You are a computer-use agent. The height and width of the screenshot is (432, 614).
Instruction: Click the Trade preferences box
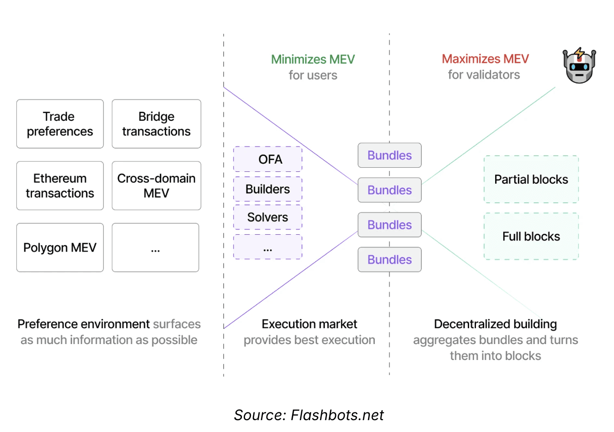(x=60, y=124)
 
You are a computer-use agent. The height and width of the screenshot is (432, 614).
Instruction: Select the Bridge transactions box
(x=156, y=124)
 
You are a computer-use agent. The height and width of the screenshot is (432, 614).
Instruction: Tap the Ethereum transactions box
(x=60, y=185)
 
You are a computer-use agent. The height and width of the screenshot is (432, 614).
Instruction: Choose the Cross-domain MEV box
(x=156, y=185)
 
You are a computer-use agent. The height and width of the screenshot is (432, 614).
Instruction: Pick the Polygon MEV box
(x=60, y=247)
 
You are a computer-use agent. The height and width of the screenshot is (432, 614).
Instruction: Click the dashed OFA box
(x=268, y=159)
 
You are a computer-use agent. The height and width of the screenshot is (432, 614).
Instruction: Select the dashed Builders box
(x=268, y=189)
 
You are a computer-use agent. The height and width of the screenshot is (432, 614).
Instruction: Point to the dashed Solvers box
(x=268, y=217)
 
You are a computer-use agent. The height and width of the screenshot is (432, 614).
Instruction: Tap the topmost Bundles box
(x=389, y=155)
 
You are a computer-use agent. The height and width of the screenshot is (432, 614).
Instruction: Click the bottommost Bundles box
(x=389, y=259)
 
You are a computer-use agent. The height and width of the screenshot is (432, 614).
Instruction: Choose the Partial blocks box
(x=531, y=180)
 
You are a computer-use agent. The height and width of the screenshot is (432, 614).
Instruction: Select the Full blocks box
(x=531, y=237)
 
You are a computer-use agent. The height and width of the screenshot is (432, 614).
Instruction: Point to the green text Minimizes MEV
(x=313, y=59)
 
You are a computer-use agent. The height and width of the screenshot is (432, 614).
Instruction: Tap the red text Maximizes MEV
(x=485, y=59)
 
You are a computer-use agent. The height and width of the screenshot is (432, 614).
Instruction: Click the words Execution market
(x=309, y=324)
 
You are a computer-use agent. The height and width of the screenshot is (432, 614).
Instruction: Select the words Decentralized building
(x=495, y=324)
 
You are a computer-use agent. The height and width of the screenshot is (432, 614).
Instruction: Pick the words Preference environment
(x=83, y=324)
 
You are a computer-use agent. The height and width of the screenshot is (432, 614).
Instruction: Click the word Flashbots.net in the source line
(x=337, y=415)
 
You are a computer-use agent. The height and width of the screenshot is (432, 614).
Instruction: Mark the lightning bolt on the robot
(x=579, y=53)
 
